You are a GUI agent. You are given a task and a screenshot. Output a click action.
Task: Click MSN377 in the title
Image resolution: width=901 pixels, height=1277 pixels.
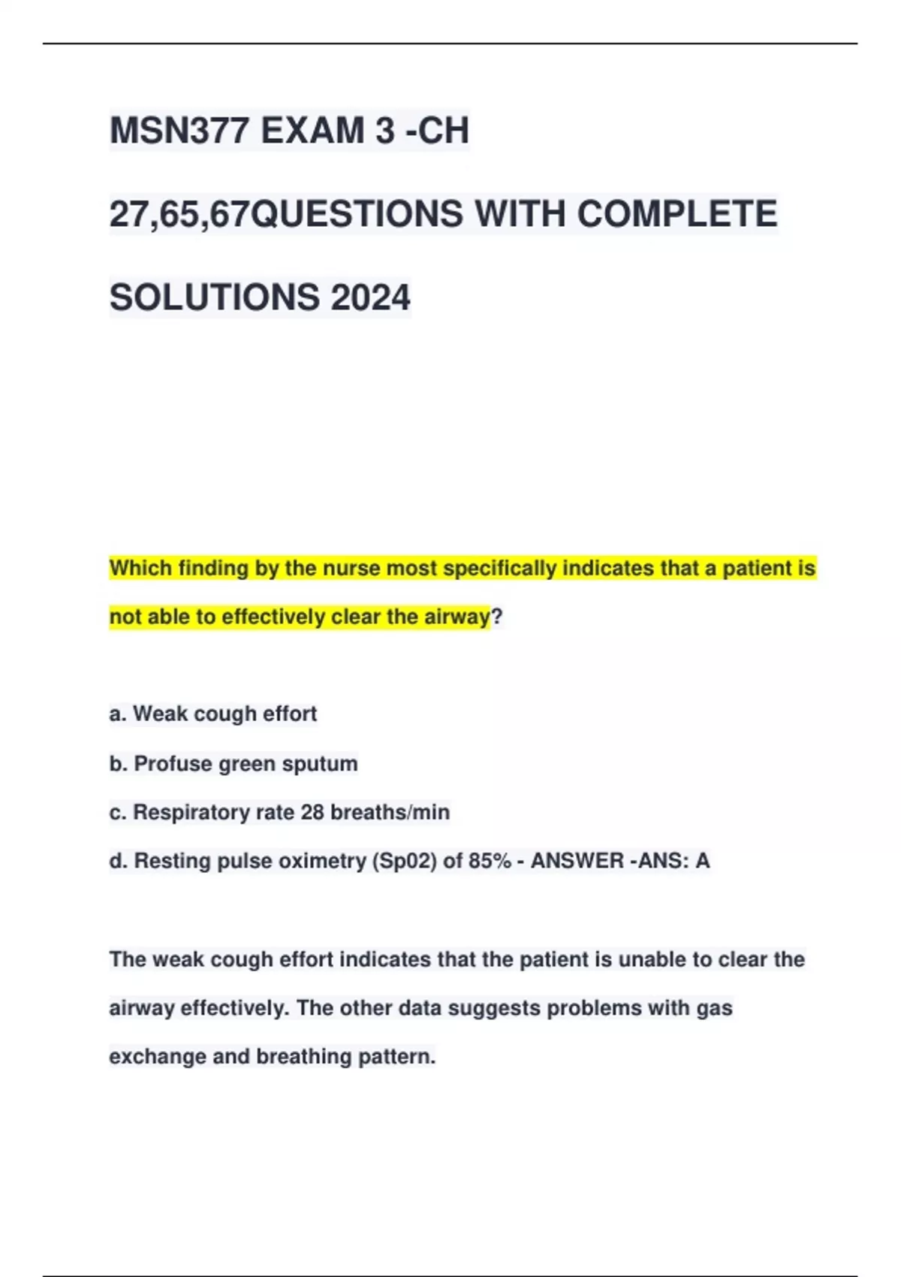pos(179,131)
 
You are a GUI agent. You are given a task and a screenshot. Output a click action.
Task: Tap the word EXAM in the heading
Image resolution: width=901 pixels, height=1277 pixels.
pos(312,131)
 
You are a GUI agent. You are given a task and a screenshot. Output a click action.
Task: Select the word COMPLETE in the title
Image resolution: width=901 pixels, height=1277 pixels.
pos(677,214)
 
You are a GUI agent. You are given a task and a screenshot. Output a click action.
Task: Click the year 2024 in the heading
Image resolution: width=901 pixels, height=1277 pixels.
pos(370,297)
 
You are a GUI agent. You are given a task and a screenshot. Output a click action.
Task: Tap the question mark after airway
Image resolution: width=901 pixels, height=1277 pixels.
pos(496,617)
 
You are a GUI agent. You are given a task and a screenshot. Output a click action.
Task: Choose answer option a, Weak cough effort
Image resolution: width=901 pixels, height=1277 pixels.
pos(213,714)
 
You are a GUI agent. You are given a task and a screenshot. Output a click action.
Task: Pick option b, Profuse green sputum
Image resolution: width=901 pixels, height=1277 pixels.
pos(234,764)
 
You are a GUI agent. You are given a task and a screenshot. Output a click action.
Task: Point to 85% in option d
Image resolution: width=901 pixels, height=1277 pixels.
pos(490,861)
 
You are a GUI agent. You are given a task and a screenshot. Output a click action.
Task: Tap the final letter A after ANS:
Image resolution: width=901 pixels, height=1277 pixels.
pos(703,861)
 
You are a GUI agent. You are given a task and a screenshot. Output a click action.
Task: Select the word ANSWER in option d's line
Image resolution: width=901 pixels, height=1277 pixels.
pos(577,861)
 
